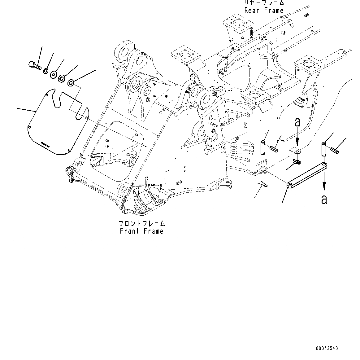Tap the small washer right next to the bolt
coord(45,71)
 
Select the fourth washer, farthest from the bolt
coord(71,82)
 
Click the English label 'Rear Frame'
coord(264,10)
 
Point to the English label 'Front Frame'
coord(141,231)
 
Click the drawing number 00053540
coord(327,349)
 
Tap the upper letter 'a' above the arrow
coord(297,122)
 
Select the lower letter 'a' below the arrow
coord(324,200)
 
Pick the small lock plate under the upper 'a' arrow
coord(296,151)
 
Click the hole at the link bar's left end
coord(290,185)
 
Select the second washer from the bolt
coord(53,75)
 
